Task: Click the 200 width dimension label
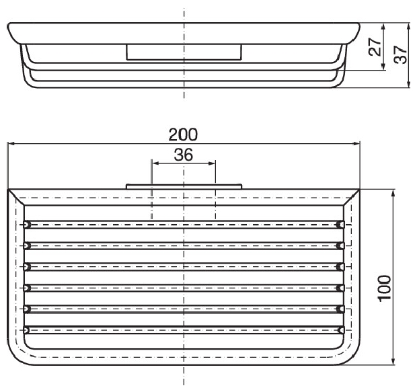tap(183, 134)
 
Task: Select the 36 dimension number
tap(184, 155)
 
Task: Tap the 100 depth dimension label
tap(385, 288)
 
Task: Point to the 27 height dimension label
tap(375, 47)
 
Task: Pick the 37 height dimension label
tap(401, 54)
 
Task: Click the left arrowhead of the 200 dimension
tap(11, 144)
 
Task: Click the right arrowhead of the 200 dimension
tap(356, 144)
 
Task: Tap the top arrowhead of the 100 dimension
tap(393, 194)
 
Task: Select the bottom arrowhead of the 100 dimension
tap(393, 361)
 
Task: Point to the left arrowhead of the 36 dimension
tap(155, 163)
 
